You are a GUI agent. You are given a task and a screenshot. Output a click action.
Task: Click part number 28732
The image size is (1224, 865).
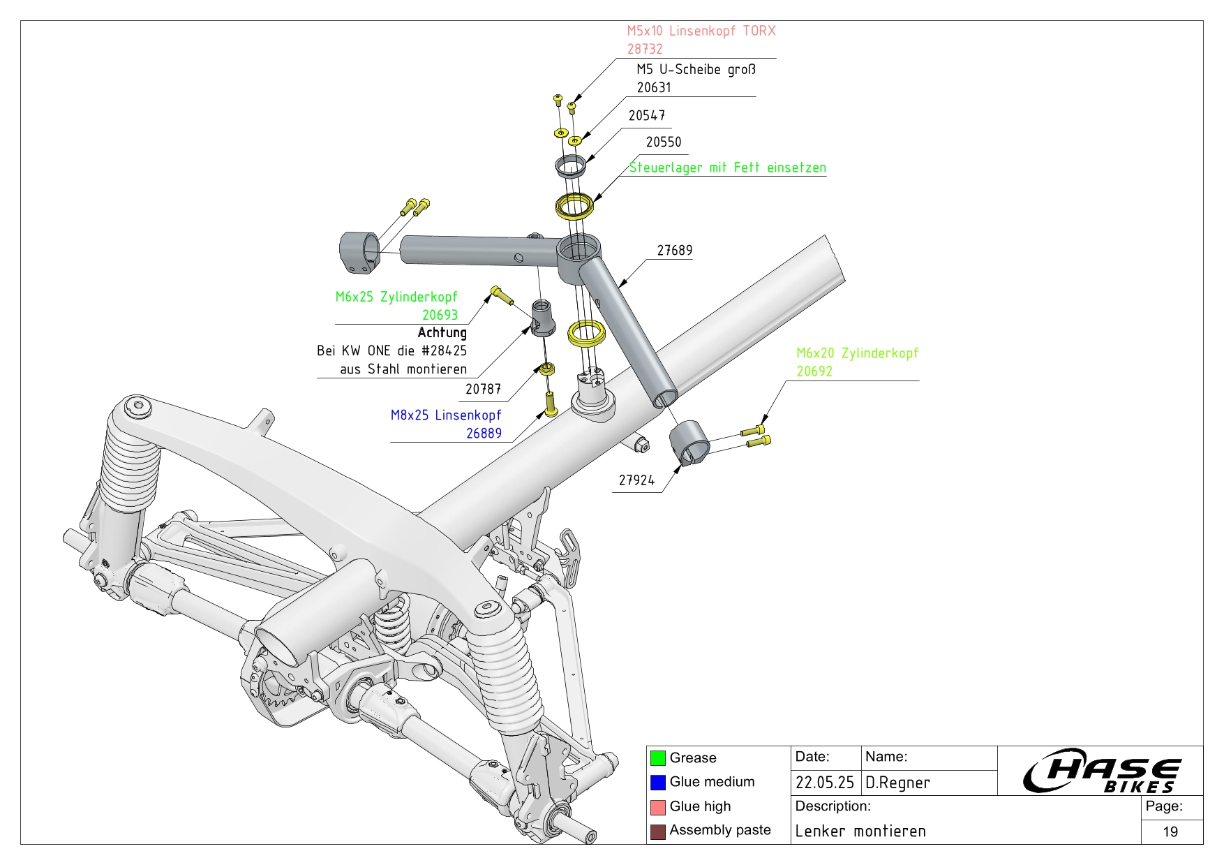[x=645, y=49]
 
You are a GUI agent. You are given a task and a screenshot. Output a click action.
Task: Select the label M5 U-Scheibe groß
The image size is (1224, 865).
[x=696, y=69]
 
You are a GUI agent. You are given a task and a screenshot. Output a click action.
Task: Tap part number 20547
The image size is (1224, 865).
[x=646, y=116]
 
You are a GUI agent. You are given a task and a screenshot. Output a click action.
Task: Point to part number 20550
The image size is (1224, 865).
[x=663, y=142]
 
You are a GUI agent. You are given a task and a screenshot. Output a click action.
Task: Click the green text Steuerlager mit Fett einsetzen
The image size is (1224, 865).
[x=727, y=168]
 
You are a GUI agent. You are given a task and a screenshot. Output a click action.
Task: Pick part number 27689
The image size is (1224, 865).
[x=674, y=251]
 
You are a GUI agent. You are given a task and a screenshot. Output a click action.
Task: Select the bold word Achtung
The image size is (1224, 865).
[x=442, y=333]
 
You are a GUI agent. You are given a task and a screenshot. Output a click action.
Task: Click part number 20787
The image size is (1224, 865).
[x=483, y=390]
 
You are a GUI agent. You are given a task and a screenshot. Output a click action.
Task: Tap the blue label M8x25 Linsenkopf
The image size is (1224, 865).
[x=446, y=415]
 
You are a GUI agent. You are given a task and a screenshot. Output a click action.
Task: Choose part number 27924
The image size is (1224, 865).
[x=636, y=480]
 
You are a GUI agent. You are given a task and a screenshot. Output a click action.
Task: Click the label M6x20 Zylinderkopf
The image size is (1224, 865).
[x=857, y=353]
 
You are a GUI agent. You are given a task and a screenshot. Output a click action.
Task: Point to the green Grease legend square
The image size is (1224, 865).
[x=657, y=758]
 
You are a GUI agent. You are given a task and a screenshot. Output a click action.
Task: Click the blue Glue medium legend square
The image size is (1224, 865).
[x=657, y=783]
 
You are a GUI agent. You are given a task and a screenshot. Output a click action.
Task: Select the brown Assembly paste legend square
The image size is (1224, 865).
[x=657, y=831]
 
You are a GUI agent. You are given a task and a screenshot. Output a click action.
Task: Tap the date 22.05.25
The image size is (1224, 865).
[x=824, y=783]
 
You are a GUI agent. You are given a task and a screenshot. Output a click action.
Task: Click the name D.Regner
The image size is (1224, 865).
[x=897, y=783]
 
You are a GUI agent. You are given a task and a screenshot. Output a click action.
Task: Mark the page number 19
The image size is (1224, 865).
[x=1170, y=832]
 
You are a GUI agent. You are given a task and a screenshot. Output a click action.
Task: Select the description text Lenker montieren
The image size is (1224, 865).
[x=860, y=831]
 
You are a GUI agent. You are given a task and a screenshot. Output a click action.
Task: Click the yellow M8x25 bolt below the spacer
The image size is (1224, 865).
[x=550, y=404]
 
